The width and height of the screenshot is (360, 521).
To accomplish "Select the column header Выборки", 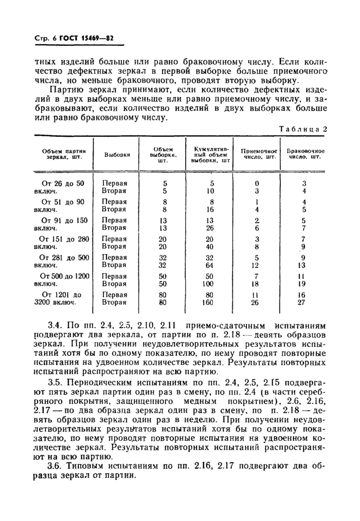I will [x=117, y=155].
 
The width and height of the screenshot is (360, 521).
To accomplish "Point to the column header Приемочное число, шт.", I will [x=257, y=154].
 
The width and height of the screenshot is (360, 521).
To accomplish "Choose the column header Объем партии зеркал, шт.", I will [x=63, y=154].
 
